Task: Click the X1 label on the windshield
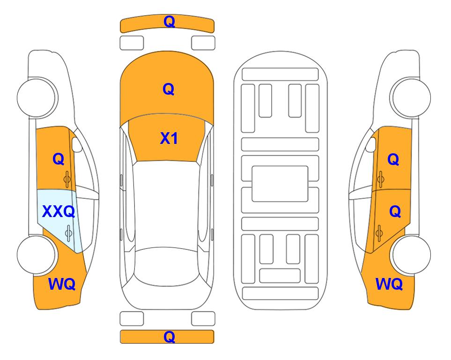169,138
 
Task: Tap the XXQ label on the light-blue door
59,211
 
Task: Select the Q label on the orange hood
169,89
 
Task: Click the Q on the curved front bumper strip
169,22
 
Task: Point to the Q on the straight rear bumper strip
169,337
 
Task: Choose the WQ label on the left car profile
62,284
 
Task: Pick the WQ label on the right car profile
389,284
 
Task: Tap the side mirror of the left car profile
76,144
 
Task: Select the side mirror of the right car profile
371,144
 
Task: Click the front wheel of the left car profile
37,97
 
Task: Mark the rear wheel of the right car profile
411,255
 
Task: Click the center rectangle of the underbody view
280,184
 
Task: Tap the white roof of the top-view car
167,204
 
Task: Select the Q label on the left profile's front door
59,159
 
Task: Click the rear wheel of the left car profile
37,255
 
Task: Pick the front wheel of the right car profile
411,97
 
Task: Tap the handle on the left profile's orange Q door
67,179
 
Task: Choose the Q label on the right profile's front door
393,159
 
